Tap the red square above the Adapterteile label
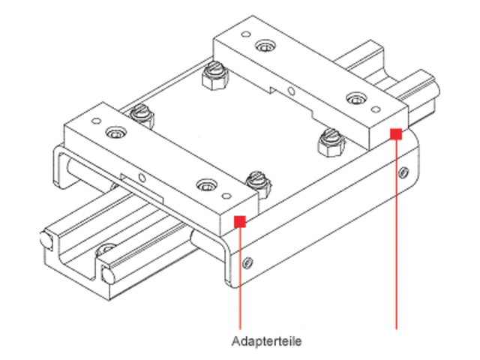241,220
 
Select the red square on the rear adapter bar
395,134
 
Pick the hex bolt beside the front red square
257,181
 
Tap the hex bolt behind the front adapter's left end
142,115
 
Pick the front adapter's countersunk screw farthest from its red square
115,134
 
